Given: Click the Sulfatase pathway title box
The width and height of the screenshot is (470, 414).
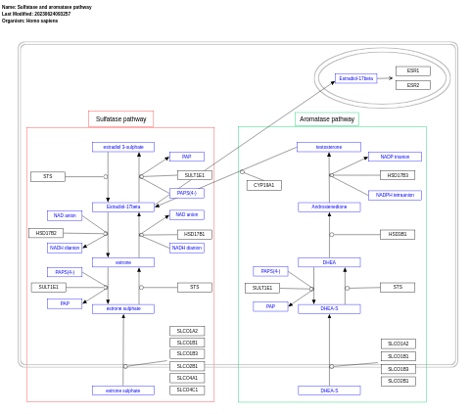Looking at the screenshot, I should tap(120, 118).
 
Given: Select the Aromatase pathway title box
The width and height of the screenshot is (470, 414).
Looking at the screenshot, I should tap(327, 118).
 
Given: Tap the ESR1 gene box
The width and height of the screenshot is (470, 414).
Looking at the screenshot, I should tap(412, 70).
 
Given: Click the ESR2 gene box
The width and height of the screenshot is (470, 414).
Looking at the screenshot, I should tap(412, 85).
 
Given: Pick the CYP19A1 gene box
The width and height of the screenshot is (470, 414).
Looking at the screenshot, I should tap(263, 185).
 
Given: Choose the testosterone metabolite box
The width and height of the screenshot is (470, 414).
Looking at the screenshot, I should tap(329, 147).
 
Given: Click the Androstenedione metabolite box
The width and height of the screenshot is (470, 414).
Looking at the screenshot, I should tap(329, 207).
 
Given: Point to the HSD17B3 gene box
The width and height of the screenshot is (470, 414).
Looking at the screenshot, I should tap(398, 175).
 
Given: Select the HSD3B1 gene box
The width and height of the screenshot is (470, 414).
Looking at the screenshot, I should tap(398, 234).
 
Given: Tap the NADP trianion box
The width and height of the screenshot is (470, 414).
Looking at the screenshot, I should tap(395, 157).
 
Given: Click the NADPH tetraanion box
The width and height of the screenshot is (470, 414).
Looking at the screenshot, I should tap(395, 195).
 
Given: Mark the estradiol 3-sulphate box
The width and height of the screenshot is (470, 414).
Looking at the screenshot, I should tap(123, 147).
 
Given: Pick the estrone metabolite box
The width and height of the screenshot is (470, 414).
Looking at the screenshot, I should tap(123, 262).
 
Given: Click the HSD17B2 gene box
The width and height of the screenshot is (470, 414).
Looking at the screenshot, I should tap(46, 233).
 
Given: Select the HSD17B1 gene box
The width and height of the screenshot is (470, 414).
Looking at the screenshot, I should tap(194, 234).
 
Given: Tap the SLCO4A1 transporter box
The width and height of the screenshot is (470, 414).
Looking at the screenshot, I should tap(187, 378).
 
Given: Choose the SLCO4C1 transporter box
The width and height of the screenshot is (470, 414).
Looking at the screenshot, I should tap(187, 390).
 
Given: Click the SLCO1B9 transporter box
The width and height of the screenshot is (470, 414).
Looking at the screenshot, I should tap(398, 369).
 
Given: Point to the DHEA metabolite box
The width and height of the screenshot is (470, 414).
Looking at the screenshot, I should tap(329, 262).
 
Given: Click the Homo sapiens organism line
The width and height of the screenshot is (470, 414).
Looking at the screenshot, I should tap(29, 21).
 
